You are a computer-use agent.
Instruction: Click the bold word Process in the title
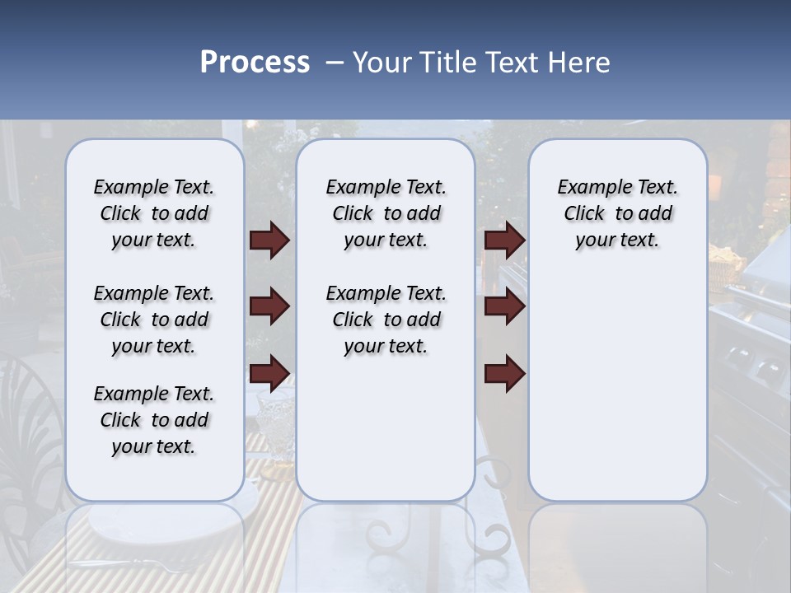pos(255,63)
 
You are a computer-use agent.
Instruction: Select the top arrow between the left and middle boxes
pos(269,240)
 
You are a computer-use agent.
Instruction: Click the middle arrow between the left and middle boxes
pos(269,306)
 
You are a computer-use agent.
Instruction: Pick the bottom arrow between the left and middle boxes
pos(269,372)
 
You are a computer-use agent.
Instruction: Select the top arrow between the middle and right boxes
pos(504,240)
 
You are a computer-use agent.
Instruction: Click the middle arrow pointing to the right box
pos(504,306)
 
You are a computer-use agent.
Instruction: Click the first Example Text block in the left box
pos(154,213)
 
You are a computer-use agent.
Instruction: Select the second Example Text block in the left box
pos(154,320)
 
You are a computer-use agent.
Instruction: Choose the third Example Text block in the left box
pos(154,420)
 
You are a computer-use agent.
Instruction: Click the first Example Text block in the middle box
pos(386,213)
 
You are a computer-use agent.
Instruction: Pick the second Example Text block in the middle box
pos(386,320)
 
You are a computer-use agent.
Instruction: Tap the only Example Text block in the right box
pos(617,213)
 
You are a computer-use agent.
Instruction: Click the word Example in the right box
pos(587,187)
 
